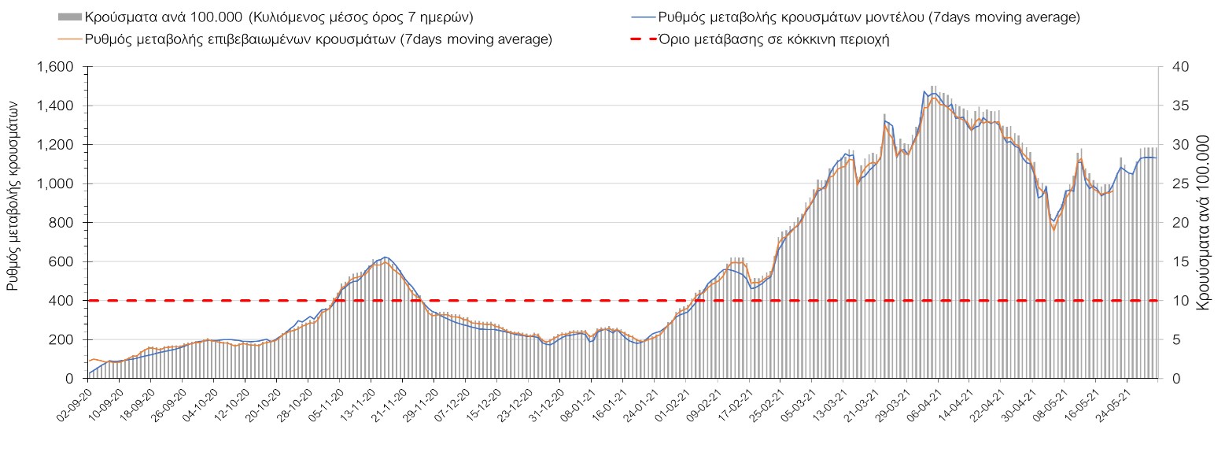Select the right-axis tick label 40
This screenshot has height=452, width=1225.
tap(1175, 68)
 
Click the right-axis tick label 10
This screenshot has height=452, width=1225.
tap(1175, 301)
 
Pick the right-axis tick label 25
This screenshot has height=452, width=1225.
tap(1175, 184)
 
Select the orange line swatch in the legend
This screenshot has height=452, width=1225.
tap(70, 39)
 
